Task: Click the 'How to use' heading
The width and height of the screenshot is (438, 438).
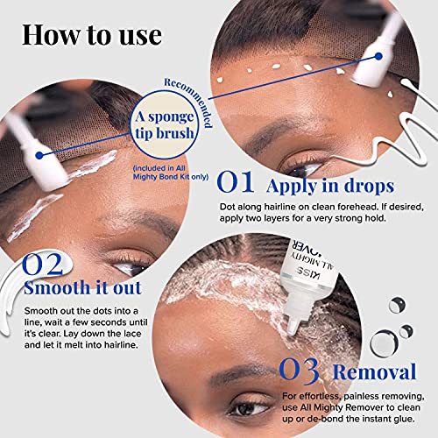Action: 92,36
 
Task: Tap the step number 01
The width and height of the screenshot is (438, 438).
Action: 236,182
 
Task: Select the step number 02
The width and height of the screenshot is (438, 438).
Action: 43,265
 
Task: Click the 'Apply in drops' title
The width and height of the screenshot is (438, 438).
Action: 330,187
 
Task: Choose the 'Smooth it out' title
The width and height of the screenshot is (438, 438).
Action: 82,288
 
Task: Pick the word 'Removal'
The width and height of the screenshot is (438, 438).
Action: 374,372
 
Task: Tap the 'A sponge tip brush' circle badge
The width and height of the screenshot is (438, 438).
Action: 165,125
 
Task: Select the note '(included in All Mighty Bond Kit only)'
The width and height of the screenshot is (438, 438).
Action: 171,173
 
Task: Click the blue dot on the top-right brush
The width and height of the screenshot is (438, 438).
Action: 378,56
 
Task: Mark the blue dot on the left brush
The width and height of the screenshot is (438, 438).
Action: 39,155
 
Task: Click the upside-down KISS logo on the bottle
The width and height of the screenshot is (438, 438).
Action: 307,272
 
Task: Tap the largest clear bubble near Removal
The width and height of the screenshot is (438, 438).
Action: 384,343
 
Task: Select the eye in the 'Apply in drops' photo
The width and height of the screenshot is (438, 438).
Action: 304,168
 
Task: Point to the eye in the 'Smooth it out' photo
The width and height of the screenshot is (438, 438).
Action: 133,265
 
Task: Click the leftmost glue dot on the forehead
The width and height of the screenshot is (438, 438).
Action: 220,80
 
